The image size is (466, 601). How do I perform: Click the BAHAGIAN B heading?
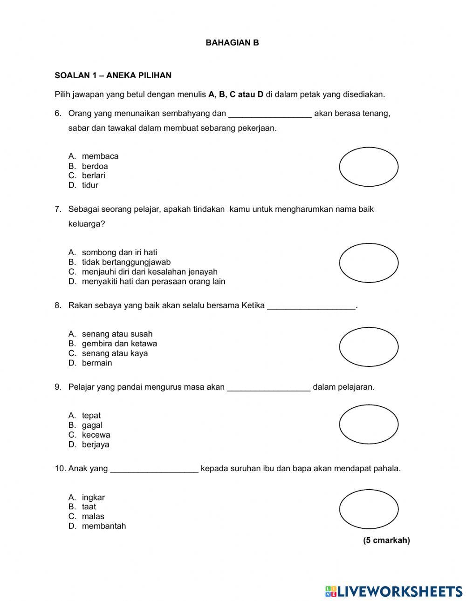point(232,43)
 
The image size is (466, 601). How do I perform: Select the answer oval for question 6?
point(369,167)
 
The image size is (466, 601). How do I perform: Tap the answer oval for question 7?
point(369,263)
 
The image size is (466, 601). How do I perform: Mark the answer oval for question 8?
point(369,347)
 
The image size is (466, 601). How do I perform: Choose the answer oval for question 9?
point(369,425)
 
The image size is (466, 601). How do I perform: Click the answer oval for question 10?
point(369,509)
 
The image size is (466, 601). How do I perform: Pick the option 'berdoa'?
point(95,166)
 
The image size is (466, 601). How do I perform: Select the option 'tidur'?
point(90,185)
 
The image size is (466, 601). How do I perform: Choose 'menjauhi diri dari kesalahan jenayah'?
point(150,272)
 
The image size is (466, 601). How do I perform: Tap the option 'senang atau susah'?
point(117,334)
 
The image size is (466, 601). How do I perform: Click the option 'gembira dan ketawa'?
point(119,344)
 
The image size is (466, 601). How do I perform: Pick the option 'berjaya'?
point(96,445)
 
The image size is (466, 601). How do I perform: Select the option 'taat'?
point(89,507)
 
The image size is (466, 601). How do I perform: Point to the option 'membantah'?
point(104,527)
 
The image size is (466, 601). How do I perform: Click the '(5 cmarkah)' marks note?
point(386,540)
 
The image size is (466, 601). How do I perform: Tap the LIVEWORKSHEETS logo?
point(394,591)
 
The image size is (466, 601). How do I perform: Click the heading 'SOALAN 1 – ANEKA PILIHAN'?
point(113,75)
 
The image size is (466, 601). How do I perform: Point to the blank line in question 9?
point(268,388)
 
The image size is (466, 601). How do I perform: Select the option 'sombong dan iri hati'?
point(119,253)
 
